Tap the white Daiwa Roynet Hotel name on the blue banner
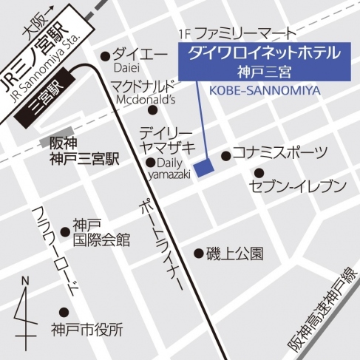[263, 53]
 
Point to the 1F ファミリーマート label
[237, 34]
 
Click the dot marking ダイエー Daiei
[105, 55]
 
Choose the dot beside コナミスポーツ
[225, 155]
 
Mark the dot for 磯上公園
[198, 253]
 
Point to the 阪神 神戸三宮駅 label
[79, 152]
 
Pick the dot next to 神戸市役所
[64, 312]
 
